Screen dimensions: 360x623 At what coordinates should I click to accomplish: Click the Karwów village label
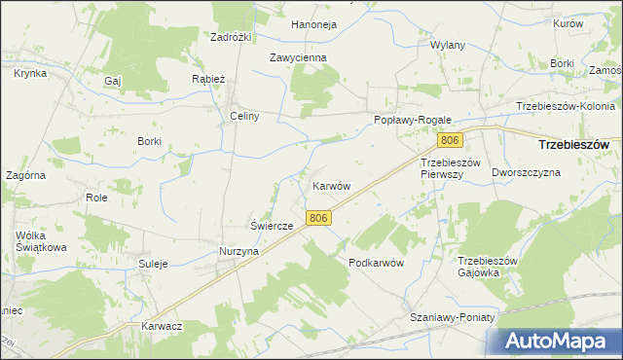click(x=331, y=185)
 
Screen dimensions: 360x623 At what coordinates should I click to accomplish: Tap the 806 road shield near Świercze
click(x=317, y=220)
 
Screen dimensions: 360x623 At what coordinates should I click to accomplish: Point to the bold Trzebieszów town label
click(x=573, y=144)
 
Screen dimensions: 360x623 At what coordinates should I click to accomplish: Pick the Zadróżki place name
click(x=232, y=37)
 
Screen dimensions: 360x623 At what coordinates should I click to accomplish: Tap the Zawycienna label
click(x=298, y=57)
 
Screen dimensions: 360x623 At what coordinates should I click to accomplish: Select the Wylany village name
click(x=448, y=46)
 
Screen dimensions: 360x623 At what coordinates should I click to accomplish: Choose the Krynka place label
click(x=31, y=73)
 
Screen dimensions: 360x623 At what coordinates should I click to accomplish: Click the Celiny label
click(x=243, y=116)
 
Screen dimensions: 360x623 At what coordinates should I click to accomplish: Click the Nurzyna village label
click(x=238, y=251)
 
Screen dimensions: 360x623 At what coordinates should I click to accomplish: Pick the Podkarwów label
click(x=376, y=264)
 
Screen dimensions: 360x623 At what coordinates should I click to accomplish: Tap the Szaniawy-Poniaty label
click(x=453, y=318)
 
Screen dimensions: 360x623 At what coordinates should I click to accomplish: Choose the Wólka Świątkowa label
click(x=40, y=241)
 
